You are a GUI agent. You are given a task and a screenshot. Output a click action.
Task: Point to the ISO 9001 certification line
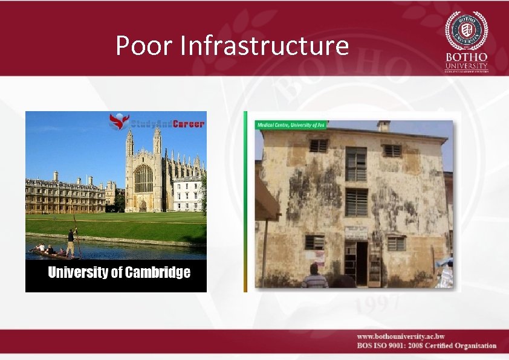point(426,346)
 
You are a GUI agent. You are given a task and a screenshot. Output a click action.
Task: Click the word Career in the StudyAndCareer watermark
point(189,124)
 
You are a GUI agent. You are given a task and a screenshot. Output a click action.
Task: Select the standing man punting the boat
point(71,242)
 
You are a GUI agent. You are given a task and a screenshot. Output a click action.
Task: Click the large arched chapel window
point(143,179)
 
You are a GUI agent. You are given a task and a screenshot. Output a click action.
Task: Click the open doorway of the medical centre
point(361,263)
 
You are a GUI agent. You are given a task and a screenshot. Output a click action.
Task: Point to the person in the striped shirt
point(314,278)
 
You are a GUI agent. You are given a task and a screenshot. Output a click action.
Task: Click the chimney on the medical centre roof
point(383,126)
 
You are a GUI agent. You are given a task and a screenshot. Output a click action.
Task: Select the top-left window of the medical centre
point(318,146)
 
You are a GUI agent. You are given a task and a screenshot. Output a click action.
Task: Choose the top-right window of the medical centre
point(392,150)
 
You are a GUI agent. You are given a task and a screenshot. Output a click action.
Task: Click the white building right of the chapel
point(187,194)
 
